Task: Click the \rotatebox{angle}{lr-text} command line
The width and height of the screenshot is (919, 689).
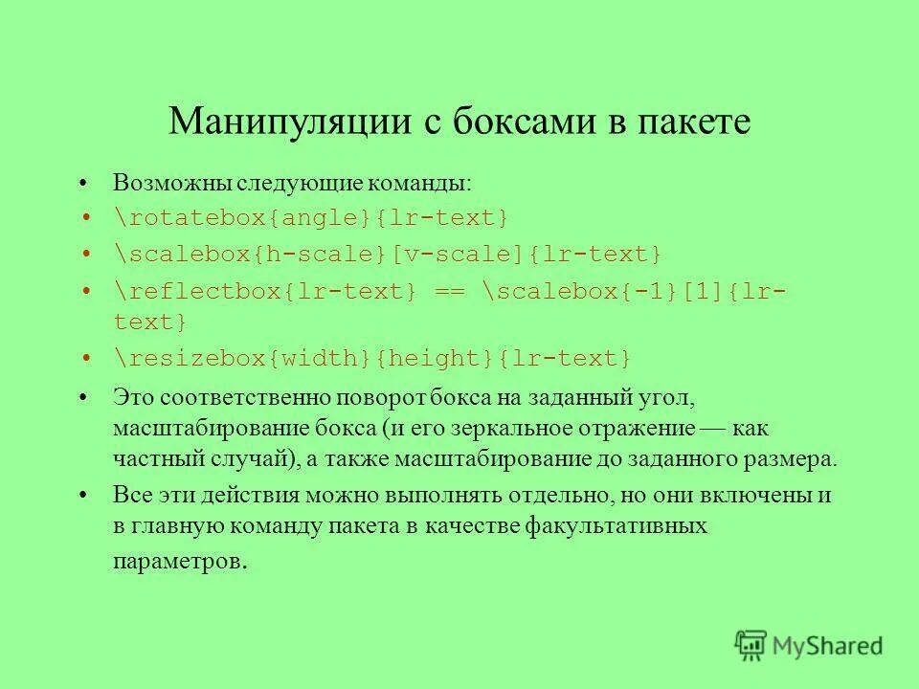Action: coord(311,218)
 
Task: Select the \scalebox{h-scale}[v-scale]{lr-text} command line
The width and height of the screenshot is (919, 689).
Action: coord(387,255)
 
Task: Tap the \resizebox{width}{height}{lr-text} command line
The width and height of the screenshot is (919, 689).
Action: coord(372,358)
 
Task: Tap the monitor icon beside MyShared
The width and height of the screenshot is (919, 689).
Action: coord(751,645)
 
